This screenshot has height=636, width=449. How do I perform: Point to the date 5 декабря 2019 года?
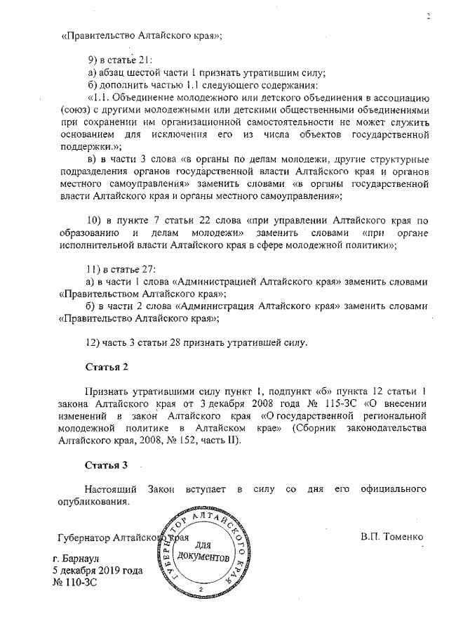coord(102,571)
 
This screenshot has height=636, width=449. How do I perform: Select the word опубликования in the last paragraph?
coord(95,502)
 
